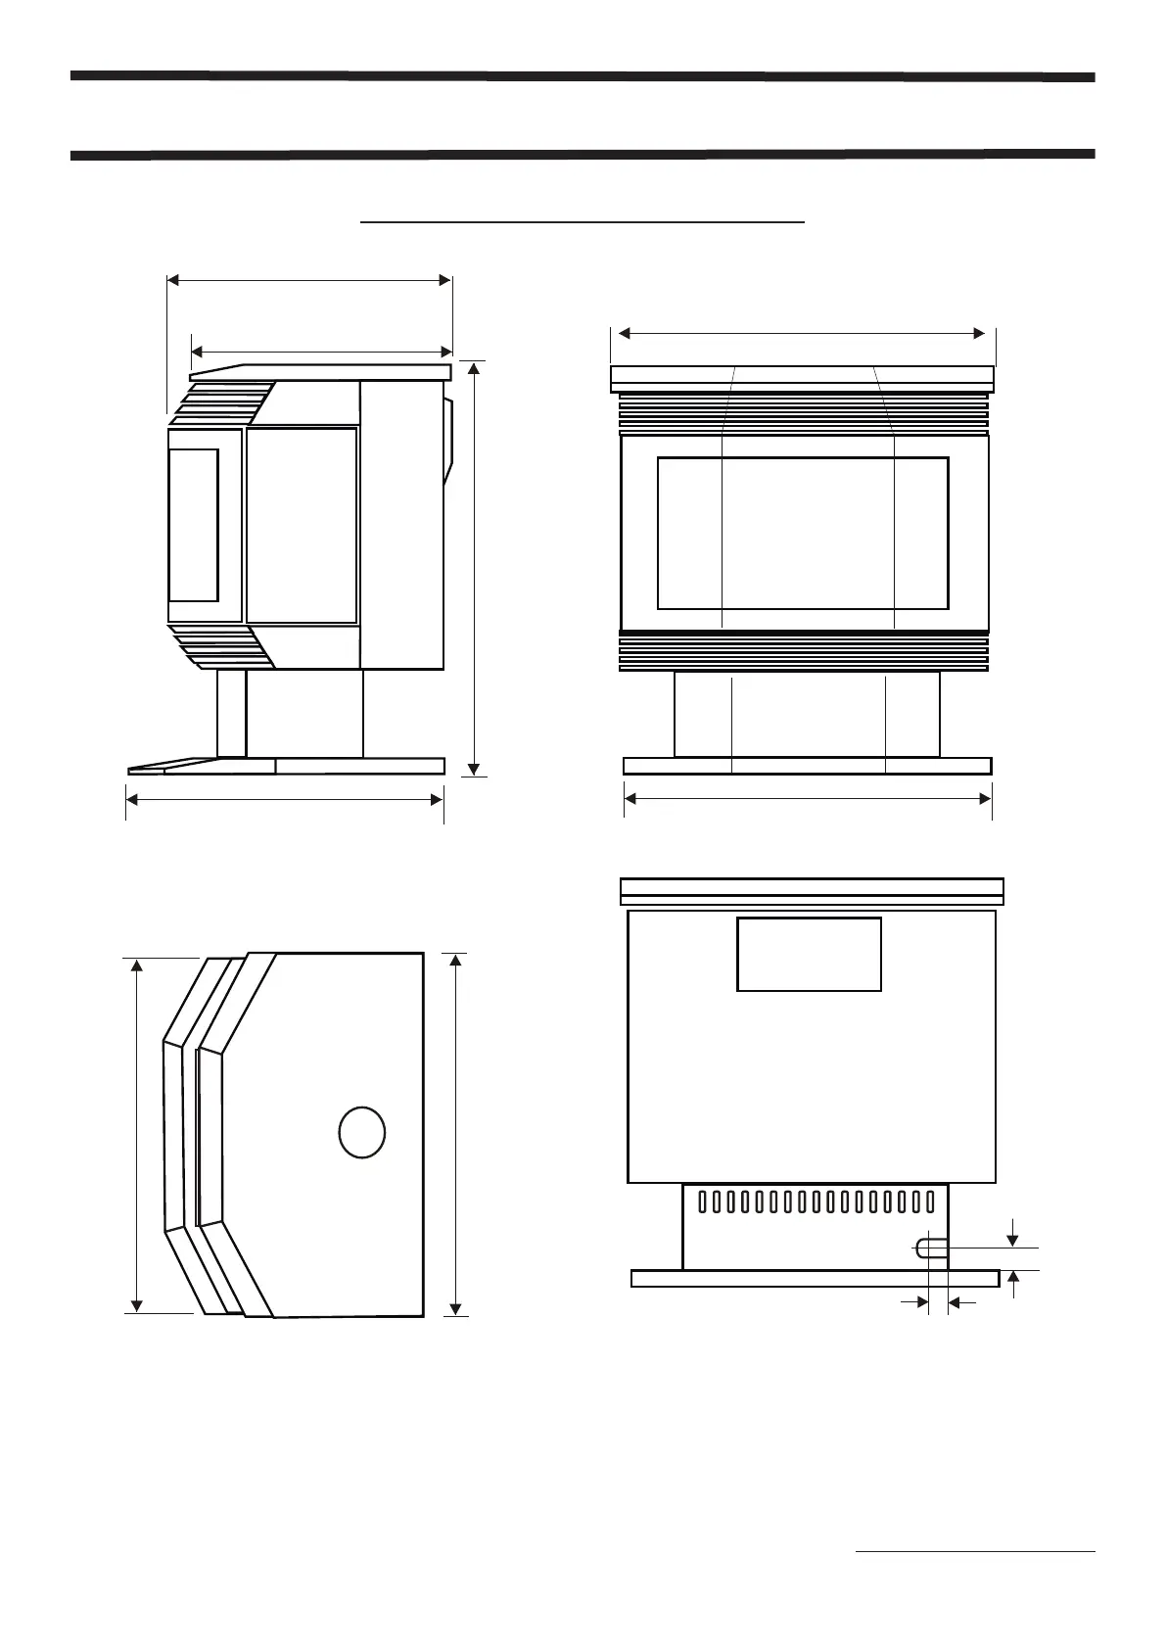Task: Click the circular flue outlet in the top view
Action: pos(361,1132)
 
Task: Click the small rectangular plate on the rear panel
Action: pos(809,954)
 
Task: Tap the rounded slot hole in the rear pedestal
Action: pos(930,1248)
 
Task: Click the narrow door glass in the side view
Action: pos(193,525)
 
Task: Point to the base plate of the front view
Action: pos(808,766)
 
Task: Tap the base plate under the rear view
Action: pos(815,1278)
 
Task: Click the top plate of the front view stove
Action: pos(803,378)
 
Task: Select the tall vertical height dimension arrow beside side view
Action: pos(475,568)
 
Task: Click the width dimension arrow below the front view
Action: pos(808,799)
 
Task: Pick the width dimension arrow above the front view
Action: pos(803,334)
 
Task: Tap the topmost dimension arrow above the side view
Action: pos(309,280)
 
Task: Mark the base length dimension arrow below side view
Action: pos(285,800)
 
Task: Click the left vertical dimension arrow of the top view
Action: pos(137,1135)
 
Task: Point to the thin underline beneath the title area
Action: pos(583,223)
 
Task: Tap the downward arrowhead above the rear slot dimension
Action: pos(1013,1238)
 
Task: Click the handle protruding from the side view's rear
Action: pos(449,441)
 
